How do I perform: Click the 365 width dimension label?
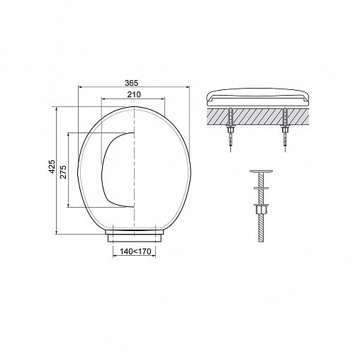pos(131,83)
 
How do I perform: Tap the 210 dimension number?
pos(134,94)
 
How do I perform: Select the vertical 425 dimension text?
pos(52,167)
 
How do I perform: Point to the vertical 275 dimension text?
pos(63,171)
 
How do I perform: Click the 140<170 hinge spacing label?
pos(135,252)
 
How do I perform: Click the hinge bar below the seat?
pos(134,236)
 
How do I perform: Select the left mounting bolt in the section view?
pos(230,130)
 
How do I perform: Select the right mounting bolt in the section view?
pos(285,130)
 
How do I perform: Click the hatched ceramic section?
pos(257,117)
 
